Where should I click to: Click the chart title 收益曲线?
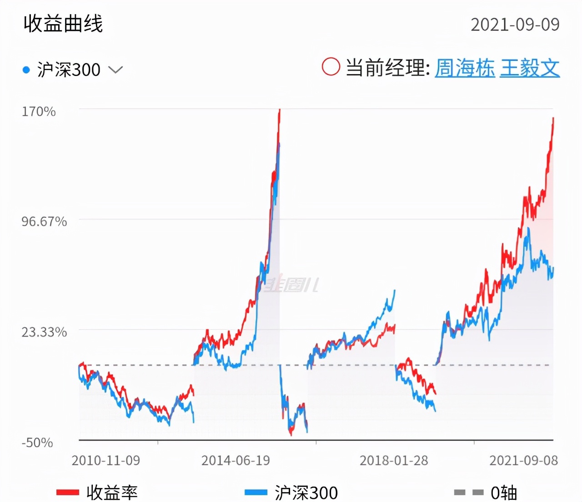63,24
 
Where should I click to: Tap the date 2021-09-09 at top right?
515,25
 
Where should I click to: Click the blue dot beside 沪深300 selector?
26,70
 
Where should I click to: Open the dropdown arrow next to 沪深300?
116,70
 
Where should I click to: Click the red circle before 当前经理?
331,67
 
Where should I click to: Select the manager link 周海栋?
464,68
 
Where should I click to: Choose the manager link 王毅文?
530,68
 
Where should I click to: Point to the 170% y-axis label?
39,111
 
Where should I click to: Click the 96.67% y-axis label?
44,221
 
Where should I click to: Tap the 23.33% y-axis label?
44,332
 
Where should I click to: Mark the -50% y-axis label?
37,442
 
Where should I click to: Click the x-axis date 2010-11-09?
106,461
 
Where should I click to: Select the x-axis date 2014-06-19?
236,461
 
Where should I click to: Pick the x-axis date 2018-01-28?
394,461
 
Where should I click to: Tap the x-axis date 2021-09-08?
523,461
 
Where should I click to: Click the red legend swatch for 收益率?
68,492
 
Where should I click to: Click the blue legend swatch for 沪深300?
256,492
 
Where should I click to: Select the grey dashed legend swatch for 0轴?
468,492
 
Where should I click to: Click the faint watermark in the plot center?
291,284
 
